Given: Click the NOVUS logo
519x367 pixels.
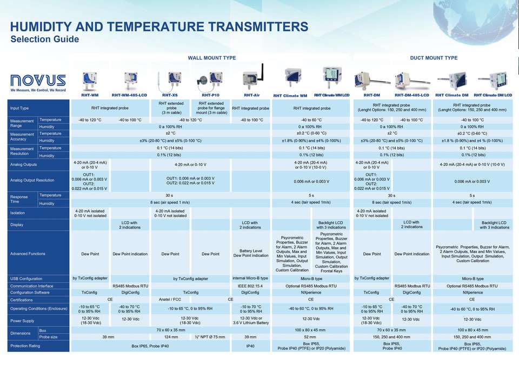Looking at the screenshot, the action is (x=38, y=83).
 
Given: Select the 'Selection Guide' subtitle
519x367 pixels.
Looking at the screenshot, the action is (x=45, y=39).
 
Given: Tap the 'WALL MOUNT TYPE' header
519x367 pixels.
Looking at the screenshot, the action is (x=212, y=58).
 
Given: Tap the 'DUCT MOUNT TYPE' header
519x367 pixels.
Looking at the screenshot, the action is (x=434, y=58).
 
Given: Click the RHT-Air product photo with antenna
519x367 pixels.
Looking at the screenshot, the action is (x=253, y=78).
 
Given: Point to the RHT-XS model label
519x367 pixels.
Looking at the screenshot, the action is (x=170, y=95).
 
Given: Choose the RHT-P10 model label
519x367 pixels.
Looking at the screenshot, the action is (x=210, y=95).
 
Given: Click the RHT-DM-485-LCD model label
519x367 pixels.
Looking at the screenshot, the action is (x=412, y=95).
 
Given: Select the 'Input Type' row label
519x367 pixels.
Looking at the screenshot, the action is (x=19, y=108).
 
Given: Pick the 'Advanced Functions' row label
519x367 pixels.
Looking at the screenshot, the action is (x=28, y=254).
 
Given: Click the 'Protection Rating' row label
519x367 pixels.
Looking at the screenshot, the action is (x=25, y=346).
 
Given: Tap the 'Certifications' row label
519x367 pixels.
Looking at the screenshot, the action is (x=22, y=300).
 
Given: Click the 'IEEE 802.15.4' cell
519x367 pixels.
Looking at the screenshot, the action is (x=250, y=286).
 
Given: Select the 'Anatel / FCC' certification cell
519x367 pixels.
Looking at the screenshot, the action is (x=170, y=299).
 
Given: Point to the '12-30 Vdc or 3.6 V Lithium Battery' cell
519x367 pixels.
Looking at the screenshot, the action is (x=251, y=321).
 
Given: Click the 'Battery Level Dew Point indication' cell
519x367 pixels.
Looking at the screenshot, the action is (x=251, y=253).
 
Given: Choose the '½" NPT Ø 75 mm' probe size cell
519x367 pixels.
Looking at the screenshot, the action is (x=210, y=337).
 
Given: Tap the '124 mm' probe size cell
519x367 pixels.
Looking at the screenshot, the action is (x=171, y=337).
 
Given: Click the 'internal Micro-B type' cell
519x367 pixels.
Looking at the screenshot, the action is (x=250, y=278).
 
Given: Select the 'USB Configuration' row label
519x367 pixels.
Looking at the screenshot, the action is (x=26, y=279).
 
